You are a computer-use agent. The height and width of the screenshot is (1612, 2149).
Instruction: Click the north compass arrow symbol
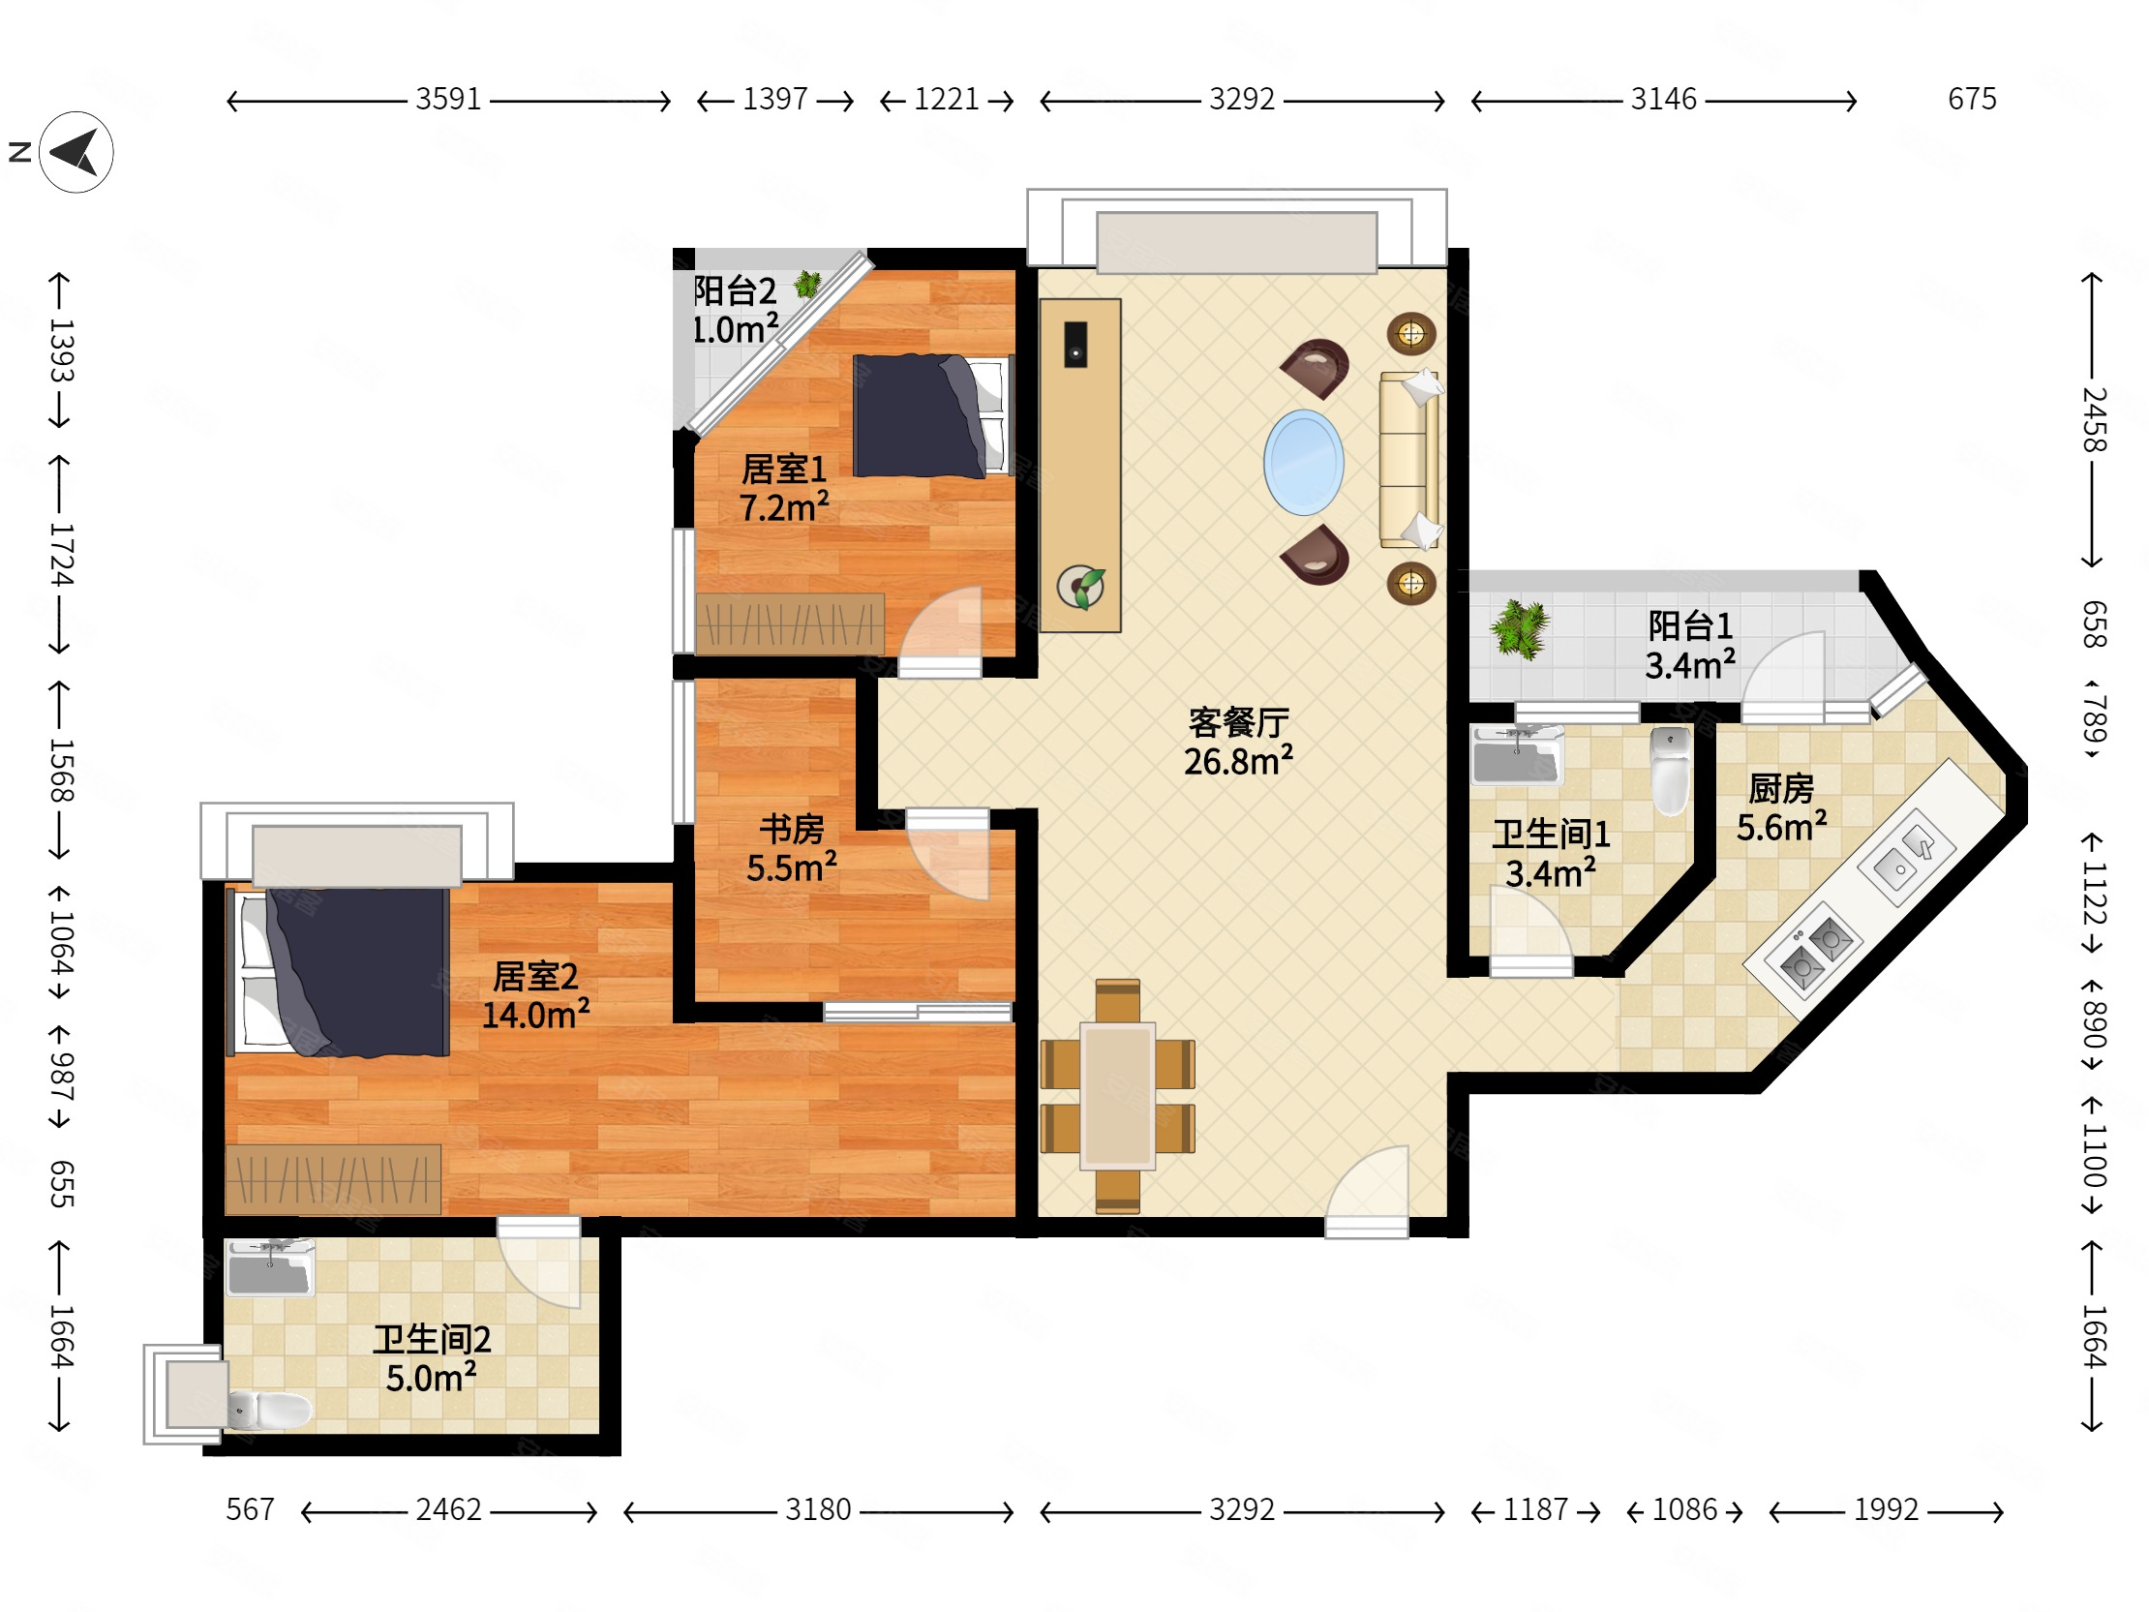pyautogui.click(x=76, y=153)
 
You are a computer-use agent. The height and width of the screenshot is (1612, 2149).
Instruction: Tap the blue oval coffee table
pyautogui.click(x=1304, y=463)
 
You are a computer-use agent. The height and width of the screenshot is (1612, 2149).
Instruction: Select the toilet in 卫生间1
pyautogui.click(x=1670, y=771)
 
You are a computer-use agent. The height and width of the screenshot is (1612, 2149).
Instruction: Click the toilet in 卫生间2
pyautogui.click(x=269, y=1410)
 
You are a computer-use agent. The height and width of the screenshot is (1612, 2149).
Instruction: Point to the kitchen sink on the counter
pyautogui.click(x=1906, y=852)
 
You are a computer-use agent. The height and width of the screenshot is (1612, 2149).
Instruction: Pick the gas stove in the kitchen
pyautogui.click(x=1816, y=952)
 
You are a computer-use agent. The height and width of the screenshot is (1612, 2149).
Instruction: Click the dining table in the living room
pyautogui.click(x=1118, y=1095)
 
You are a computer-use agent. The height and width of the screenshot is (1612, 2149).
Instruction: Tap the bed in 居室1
pyautogui.click(x=931, y=416)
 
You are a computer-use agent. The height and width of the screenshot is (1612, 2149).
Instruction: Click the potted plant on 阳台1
pyautogui.click(x=1521, y=628)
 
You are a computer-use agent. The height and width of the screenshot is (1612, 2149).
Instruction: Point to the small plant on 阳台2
pyautogui.click(x=807, y=285)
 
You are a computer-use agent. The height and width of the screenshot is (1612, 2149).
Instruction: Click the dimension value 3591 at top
pyautogui.click(x=448, y=99)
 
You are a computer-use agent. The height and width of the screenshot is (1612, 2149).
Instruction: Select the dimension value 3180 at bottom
pyautogui.click(x=818, y=1510)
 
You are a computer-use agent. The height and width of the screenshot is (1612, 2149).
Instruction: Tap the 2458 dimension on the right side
pyautogui.click(x=2094, y=420)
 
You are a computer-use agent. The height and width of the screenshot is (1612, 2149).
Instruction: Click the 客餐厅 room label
pyautogui.click(x=1239, y=722)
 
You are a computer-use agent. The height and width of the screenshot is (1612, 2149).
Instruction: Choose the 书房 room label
pyautogui.click(x=792, y=829)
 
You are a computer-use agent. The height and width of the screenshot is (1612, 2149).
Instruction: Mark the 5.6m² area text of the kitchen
pyautogui.click(x=1782, y=827)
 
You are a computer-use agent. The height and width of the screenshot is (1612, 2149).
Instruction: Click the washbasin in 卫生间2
pyautogui.click(x=270, y=1267)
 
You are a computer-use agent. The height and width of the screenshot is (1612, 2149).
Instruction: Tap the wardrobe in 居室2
pyautogui.click(x=332, y=1179)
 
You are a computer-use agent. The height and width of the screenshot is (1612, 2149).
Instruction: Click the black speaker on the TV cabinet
pyautogui.click(x=1075, y=344)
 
